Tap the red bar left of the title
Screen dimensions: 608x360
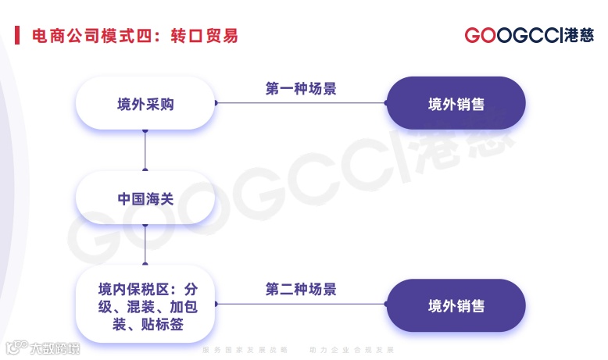pyautogui.click(x=17, y=36)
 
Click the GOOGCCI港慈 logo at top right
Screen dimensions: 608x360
pyautogui.click(x=528, y=36)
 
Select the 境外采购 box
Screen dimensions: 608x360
pyautogui.click(x=145, y=103)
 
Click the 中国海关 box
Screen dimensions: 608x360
pyautogui.click(x=145, y=198)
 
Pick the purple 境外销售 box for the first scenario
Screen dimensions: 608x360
pyautogui.click(x=456, y=103)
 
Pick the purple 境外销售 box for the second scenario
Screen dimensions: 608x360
pyautogui.click(x=456, y=306)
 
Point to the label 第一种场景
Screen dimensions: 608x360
pyautogui.click(x=301, y=88)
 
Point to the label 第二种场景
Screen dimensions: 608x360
pyautogui.click(x=301, y=290)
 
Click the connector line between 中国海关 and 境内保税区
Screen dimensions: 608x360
pyautogui.click(x=145, y=247)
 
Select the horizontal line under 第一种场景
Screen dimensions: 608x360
pyautogui.click(x=301, y=102)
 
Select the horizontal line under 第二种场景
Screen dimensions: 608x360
pyautogui.click(x=301, y=305)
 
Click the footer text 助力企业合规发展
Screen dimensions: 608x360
pyautogui.click(x=352, y=349)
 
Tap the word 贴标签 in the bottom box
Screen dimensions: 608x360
pyautogui.click(x=163, y=324)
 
